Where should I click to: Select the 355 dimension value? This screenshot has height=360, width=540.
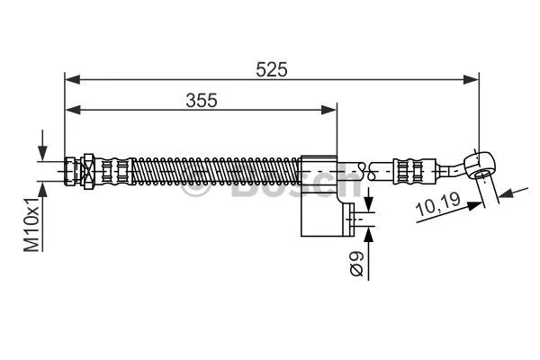point(202,100)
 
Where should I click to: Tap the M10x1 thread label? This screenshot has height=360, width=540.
point(32,224)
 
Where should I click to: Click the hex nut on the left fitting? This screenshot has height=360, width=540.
point(89,168)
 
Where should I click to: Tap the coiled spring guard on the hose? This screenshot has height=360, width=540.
point(216,168)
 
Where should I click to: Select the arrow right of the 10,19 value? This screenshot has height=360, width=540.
point(504,192)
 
